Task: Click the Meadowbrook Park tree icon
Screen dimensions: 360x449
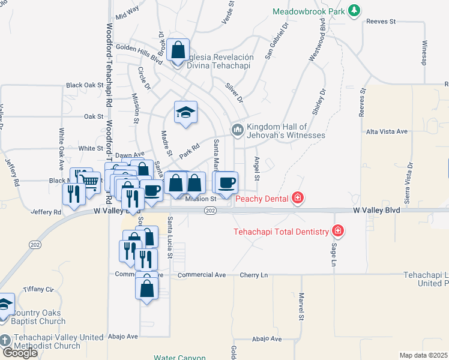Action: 355,10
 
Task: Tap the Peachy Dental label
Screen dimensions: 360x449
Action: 263,198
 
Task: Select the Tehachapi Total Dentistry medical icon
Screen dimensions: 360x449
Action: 338,231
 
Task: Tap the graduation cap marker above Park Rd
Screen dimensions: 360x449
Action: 186,112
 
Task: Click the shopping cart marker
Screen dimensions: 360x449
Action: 90,181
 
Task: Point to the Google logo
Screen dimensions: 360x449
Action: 19,352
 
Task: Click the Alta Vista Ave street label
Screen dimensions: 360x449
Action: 387,131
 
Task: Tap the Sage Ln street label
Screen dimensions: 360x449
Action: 334,251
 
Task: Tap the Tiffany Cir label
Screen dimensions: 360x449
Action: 38,289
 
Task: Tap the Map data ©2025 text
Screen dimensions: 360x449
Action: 424,355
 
